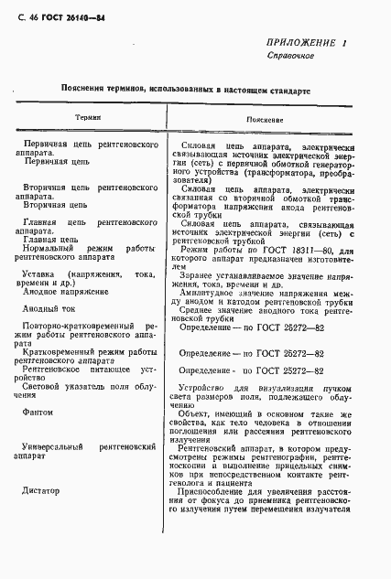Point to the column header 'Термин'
click(88, 119)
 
